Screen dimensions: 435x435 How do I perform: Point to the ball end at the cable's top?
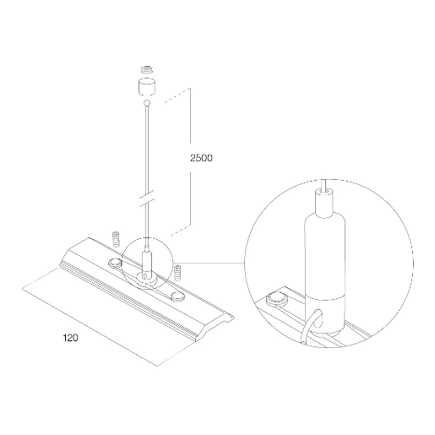pos(147,104)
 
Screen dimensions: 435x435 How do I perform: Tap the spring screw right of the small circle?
pos(178,272)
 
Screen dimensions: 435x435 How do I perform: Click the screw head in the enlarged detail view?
pos(275,300)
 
